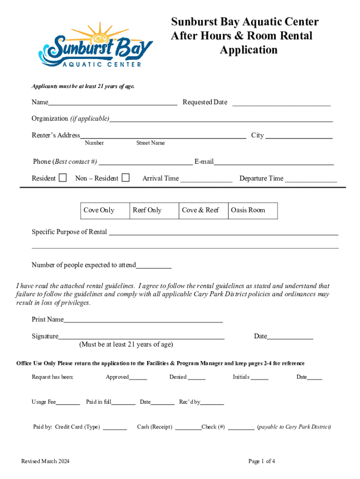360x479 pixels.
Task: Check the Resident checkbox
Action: click(63, 178)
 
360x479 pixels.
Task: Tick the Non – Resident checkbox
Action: click(125, 178)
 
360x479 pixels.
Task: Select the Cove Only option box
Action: click(104, 210)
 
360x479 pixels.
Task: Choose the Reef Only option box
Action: click(154, 210)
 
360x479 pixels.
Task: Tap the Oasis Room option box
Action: click(253, 210)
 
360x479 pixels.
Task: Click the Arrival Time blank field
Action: click(206, 180)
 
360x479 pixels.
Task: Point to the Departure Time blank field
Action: click(311, 180)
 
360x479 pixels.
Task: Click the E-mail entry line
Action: click(274, 163)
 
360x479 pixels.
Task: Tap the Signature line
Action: click(141, 337)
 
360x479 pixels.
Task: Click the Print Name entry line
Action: click(143, 321)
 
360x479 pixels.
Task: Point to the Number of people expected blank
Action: click(154, 267)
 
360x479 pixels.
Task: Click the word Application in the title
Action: click(249, 50)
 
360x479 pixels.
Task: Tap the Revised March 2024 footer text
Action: click(45, 461)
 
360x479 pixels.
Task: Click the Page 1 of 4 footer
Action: click(262, 461)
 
